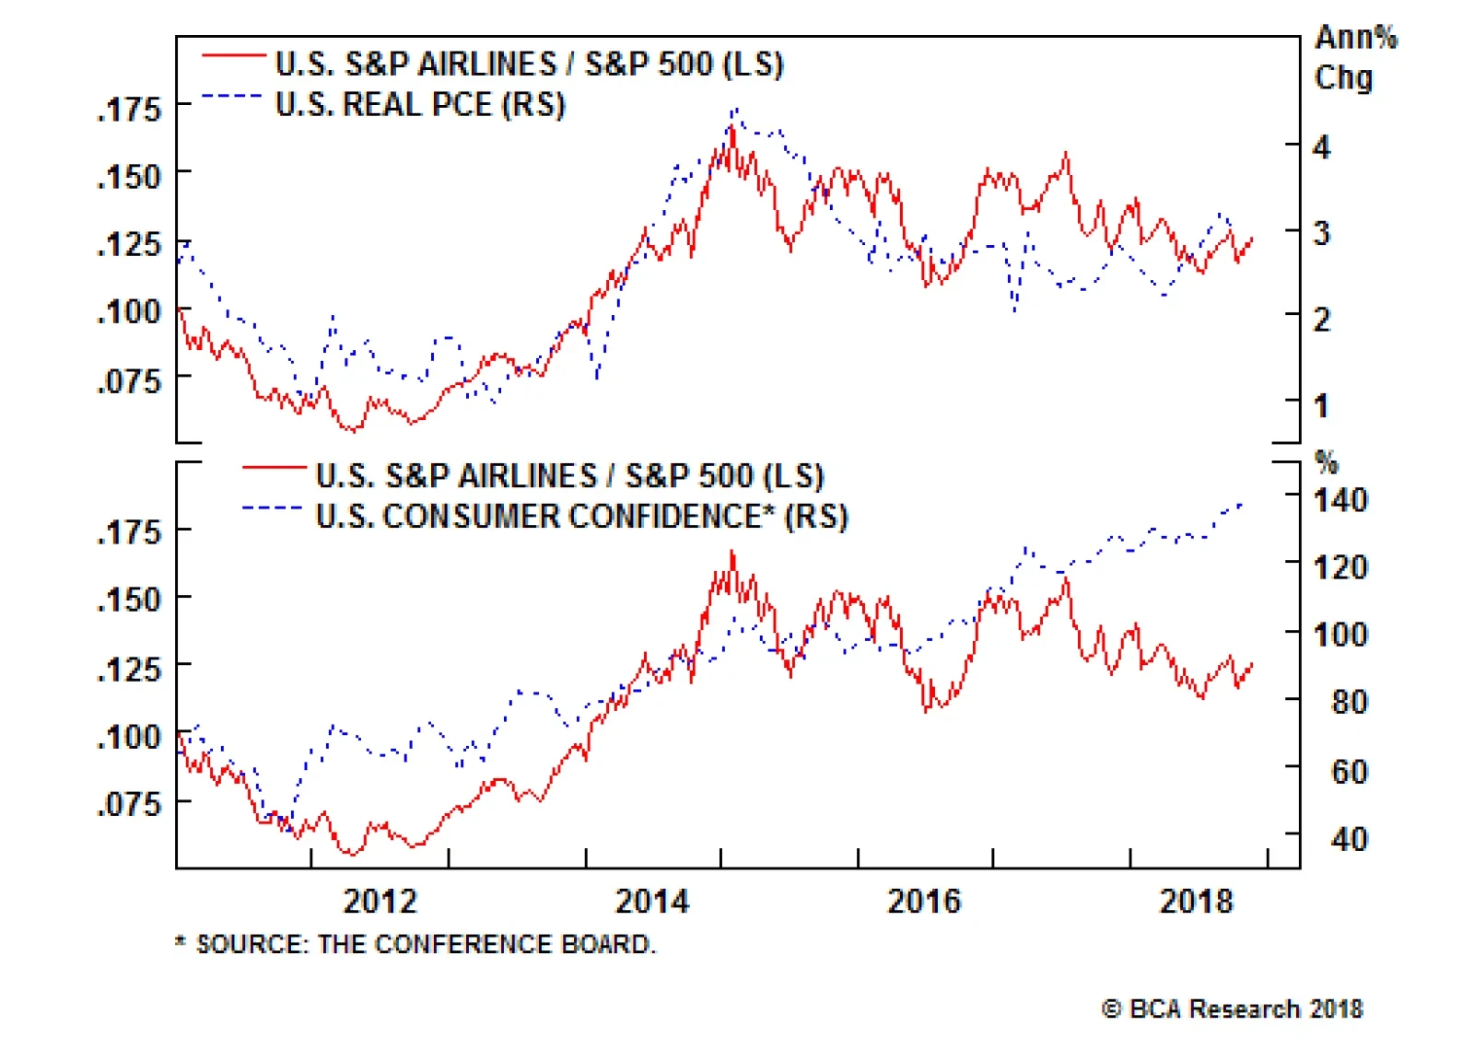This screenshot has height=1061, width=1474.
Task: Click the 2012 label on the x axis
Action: pos(380,900)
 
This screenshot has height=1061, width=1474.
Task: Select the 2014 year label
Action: pos(651,900)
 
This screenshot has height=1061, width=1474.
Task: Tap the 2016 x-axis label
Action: pos(923,900)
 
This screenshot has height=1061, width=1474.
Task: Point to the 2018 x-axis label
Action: pos(1195,900)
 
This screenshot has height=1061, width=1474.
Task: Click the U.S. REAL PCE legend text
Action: pos(420,104)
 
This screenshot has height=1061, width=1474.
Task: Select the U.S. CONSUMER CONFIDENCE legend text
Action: pos(581,516)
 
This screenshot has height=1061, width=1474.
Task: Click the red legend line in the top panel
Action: pos(234,57)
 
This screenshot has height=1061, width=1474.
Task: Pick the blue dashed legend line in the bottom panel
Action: pos(273,508)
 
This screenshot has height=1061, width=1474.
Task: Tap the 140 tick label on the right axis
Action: pos(1339,500)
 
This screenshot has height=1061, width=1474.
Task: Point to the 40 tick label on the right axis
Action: pos(1349,838)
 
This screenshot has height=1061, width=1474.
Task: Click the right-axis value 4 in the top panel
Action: pos(1322,147)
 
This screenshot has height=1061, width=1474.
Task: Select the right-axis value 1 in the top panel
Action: pos(1322,405)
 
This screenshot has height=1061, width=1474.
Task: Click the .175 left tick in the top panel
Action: pos(129,110)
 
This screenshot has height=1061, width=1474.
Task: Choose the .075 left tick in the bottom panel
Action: pos(129,804)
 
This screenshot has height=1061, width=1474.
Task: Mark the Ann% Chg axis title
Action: pos(1354,57)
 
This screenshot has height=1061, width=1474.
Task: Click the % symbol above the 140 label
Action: pos(1327,461)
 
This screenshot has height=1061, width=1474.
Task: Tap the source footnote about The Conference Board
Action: pos(415,944)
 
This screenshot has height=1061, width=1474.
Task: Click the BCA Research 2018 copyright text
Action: pos(1232,1009)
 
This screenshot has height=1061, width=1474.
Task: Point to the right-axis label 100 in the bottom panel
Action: pos(1339,635)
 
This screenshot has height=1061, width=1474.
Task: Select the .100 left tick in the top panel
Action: pos(129,312)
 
